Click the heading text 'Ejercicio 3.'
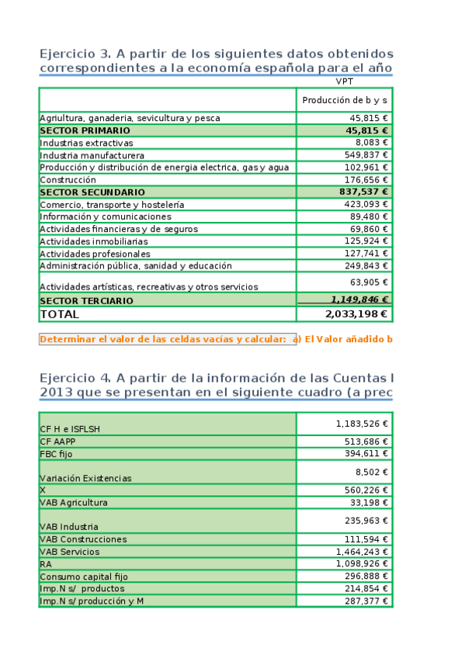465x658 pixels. [75, 54]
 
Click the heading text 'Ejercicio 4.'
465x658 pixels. [75, 378]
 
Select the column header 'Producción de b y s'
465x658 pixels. [344, 100]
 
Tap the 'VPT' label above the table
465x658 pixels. [344, 81]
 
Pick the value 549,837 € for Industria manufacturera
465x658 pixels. [366, 155]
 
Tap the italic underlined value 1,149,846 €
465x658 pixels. [359, 300]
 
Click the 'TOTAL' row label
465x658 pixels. [59, 314]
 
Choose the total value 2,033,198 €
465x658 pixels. [357, 314]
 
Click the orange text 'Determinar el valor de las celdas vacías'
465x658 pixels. [164, 339]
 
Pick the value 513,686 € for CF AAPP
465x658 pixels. [364, 441]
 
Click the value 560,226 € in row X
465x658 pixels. [364, 490]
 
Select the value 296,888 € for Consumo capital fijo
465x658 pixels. [364, 577]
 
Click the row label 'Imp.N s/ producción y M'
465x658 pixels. [92, 601]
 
